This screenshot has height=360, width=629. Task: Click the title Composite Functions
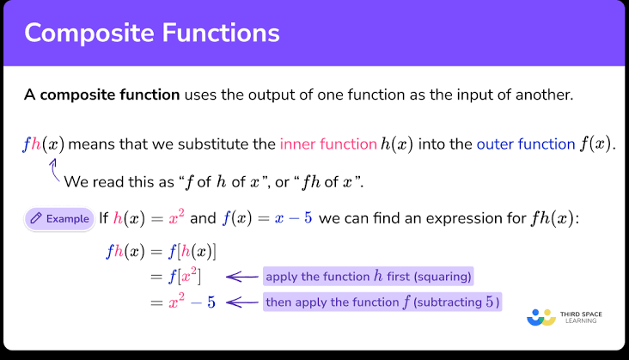coord(151,33)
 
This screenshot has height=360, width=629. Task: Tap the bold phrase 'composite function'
coord(109,95)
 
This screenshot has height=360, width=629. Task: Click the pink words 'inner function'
coord(328,144)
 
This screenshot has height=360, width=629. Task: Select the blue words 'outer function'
coord(526,144)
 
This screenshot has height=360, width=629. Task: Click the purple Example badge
coord(59,219)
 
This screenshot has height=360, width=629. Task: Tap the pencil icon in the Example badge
coord(36,218)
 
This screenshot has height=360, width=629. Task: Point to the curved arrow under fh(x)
coord(53,168)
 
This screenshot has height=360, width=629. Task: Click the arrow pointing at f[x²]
coord(242,277)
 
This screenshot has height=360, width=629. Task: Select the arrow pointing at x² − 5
coord(242,302)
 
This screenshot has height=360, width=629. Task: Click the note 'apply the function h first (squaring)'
coord(369,277)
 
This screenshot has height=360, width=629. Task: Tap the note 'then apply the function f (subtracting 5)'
coord(382,302)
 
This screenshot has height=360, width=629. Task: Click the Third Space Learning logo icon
coord(541,317)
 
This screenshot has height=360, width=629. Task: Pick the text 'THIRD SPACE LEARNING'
coord(581,317)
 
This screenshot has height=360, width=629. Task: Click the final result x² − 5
coord(192,302)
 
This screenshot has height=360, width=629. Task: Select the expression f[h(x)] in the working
coord(192,252)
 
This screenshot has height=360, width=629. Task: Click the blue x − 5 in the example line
coord(293,217)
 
